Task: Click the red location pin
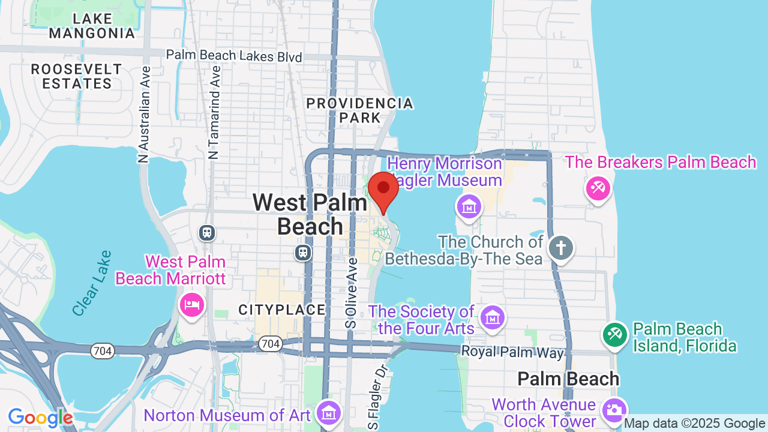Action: point(383,190)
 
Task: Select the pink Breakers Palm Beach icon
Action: point(598,189)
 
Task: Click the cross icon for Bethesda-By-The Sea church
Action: point(561,248)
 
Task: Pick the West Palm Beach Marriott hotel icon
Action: point(192,305)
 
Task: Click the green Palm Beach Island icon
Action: point(614,334)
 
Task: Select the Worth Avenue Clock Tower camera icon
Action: point(613,410)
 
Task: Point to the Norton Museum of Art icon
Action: point(328,413)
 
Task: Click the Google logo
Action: point(41,418)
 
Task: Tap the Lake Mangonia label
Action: point(92,26)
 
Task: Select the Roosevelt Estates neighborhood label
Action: point(77,76)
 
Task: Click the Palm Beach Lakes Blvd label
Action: point(234,56)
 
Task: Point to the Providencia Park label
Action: point(360,110)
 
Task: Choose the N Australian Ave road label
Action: point(144,114)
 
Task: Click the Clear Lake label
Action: point(91,283)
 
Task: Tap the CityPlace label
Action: point(282,310)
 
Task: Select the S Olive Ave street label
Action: point(352,293)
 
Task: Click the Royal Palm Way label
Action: point(512,352)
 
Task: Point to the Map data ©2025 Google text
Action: point(694,424)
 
